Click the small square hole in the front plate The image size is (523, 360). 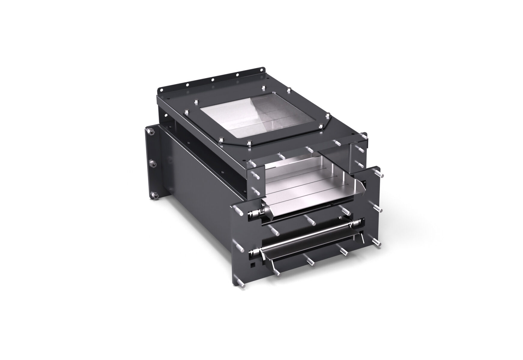tap(253, 265)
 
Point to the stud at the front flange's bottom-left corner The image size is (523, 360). tap(241, 283)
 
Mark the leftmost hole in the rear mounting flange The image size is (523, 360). tap(161, 90)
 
